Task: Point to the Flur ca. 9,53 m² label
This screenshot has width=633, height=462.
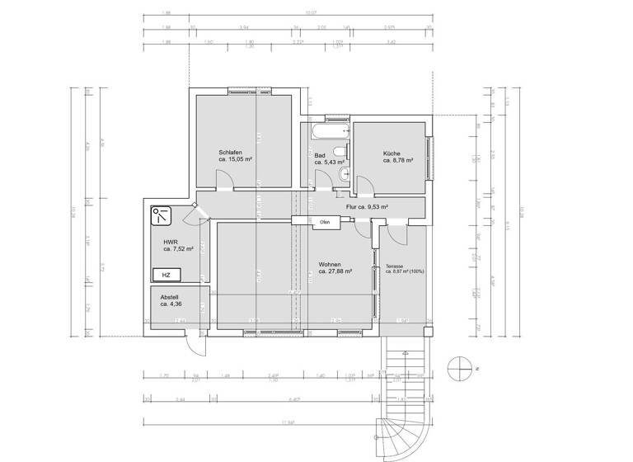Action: pyautogui.click(x=367, y=207)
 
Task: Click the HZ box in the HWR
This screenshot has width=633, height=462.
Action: pyautogui.click(x=166, y=275)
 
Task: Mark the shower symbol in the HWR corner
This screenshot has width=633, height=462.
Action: pyautogui.click(x=160, y=216)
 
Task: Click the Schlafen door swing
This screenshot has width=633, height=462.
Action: pyautogui.click(x=223, y=179)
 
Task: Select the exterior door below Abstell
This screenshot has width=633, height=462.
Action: pyautogui.click(x=195, y=342)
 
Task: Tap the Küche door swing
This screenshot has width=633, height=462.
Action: pyautogui.click(x=344, y=186)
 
